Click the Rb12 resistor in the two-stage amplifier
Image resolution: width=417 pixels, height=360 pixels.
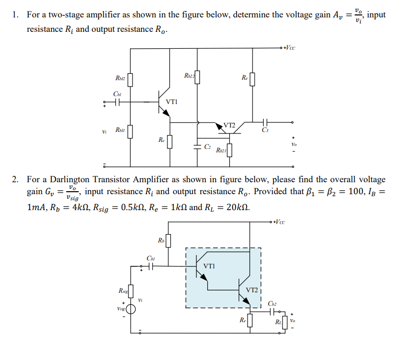tap(131, 79)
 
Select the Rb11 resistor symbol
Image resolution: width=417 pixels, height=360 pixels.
tap(131, 132)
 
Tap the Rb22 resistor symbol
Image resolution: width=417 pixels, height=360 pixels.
tap(198, 77)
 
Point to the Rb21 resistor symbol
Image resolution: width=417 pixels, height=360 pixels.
tap(230, 149)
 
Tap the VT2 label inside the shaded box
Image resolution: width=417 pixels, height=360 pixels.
tap(252, 289)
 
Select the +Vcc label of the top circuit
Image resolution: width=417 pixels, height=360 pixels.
tap(289, 48)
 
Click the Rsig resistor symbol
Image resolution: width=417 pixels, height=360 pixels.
tap(131, 290)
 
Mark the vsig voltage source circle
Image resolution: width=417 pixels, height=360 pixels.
tap(131, 309)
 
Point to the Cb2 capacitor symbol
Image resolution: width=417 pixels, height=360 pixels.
tap(273, 312)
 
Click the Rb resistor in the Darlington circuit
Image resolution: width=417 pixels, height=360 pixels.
tap(168, 241)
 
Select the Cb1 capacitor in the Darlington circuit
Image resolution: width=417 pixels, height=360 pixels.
tap(151, 266)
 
